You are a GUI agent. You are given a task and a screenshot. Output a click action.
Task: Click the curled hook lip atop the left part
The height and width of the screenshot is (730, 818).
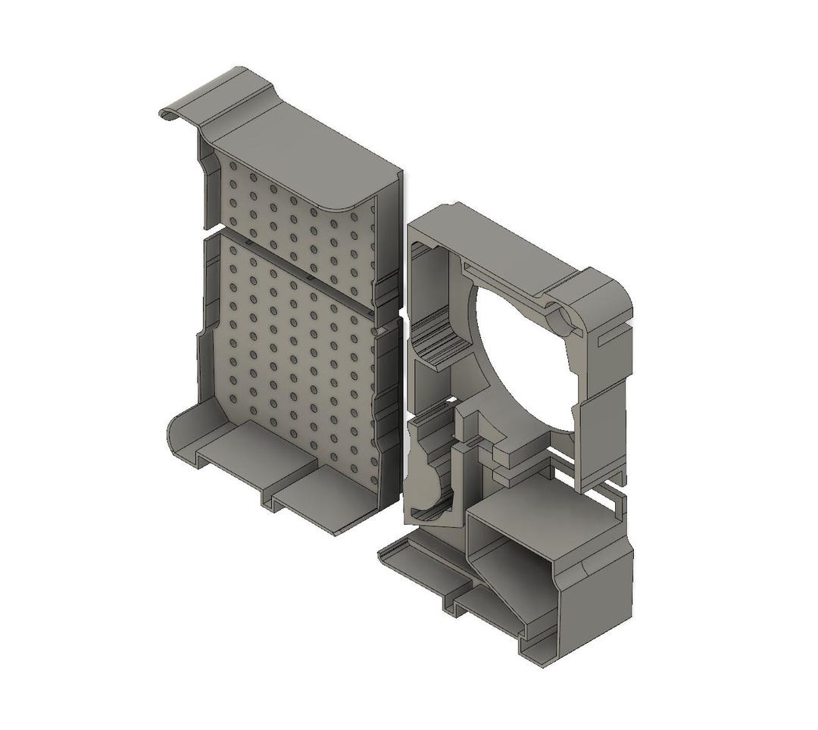(x=173, y=112)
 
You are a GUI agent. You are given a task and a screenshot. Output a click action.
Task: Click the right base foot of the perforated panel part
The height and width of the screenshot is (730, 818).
(x=326, y=500)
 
